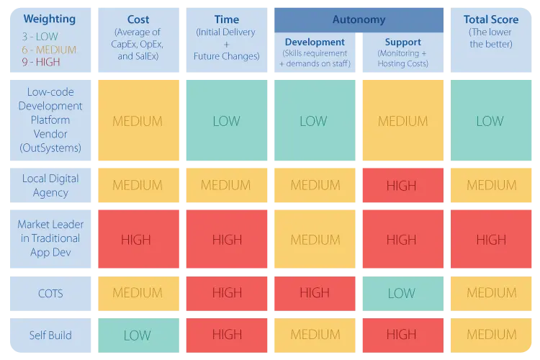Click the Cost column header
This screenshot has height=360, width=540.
pos(138,20)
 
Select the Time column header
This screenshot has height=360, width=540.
pos(227,20)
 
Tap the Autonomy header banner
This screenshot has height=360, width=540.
pos(358,19)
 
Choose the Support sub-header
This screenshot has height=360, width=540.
pos(402,42)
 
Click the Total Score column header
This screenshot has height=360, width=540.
pos(490,20)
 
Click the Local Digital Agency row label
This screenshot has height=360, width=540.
pos(50,185)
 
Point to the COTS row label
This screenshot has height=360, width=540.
pos(50,293)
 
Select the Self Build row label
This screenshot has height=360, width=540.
pos(50,335)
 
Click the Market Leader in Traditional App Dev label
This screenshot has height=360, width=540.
pos(50,238)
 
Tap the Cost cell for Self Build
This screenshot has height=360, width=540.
pos(138,335)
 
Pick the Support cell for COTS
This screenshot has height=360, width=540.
pos(402,293)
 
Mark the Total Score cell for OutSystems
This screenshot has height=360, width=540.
pos(490,120)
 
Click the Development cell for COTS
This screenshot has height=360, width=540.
pos(314,293)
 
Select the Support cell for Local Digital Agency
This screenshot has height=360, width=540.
pos(402,185)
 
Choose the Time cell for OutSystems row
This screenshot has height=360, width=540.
pos(227,120)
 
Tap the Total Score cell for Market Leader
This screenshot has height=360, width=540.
pos(490,239)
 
